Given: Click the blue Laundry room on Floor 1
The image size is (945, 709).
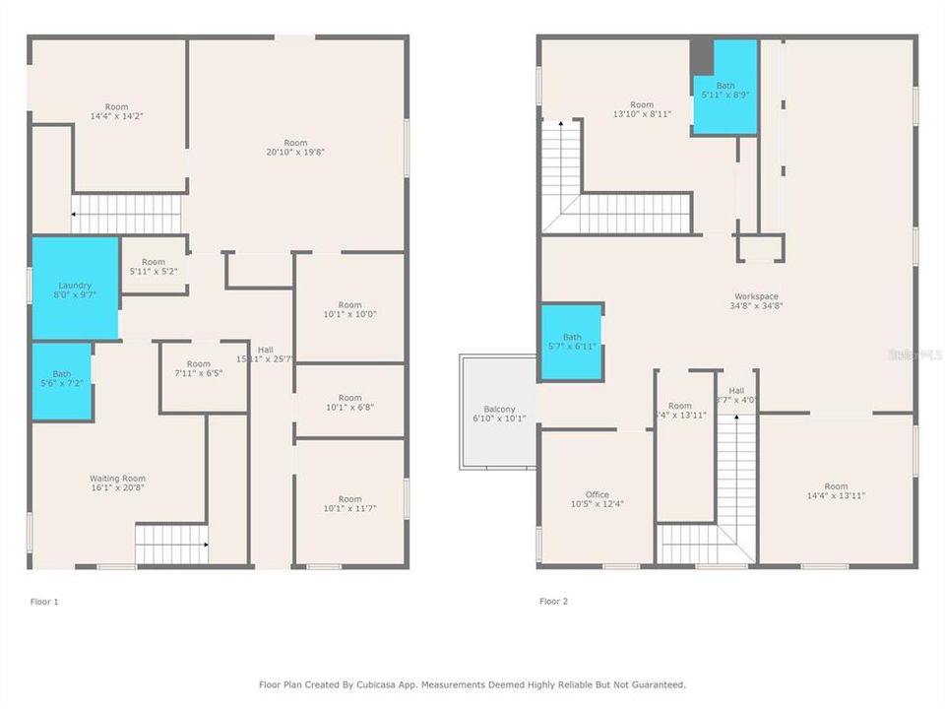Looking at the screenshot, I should [x=75, y=290].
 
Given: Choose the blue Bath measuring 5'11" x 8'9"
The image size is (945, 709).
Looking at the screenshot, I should [x=725, y=89].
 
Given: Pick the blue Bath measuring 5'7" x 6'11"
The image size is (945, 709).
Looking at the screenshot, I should [x=572, y=342].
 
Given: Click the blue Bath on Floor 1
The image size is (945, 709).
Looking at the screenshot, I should [x=62, y=379].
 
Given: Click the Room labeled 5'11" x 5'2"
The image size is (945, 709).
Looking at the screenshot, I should [x=153, y=266].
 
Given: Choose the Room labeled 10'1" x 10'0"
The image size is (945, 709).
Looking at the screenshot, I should [x=349, y=310].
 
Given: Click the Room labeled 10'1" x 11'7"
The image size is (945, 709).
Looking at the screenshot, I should [x=349, y=504].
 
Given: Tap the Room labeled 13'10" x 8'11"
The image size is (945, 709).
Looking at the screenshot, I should [x=641, y=109].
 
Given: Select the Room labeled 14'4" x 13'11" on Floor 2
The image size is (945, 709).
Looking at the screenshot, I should [x=836, y=490].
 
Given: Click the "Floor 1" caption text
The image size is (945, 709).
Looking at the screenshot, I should [x=44, y=601].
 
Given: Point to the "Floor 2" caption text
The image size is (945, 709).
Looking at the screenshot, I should [x=553, y=601].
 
